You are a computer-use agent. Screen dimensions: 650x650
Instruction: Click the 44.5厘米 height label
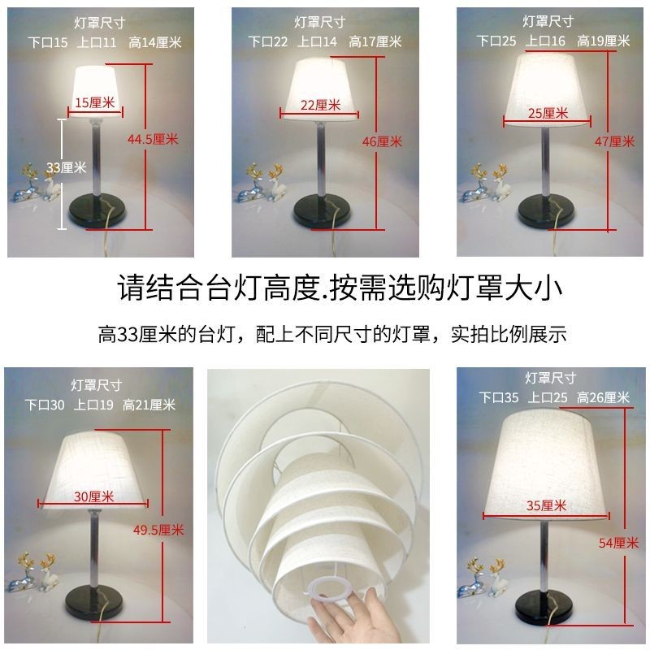[x=153, y=139]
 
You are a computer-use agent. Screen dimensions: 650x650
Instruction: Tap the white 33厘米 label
[x=66, y=167]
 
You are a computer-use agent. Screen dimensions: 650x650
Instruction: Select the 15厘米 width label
[x=94, y=102]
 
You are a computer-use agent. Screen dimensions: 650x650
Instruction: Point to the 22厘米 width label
[x=320, y=105]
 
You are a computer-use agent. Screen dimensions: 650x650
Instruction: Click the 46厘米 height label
[x=382, y=141]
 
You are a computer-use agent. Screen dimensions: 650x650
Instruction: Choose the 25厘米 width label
[x=548, y=113]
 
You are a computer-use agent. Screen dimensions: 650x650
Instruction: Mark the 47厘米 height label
[x=614, y=141]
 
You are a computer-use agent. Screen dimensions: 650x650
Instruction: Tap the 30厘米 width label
[x=93, y=496]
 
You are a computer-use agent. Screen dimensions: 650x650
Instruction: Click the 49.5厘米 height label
[x=158, y=530]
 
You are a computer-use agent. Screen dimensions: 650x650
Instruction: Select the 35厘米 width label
[x=546, y=505]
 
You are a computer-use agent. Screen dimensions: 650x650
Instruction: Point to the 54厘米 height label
[x=618, y=543]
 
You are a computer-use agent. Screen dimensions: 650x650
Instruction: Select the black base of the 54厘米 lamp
[x=544, y=606]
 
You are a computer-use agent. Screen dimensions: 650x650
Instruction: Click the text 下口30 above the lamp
[x=45, y=405]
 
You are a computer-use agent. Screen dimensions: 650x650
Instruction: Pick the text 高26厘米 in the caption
[x=603, y=397]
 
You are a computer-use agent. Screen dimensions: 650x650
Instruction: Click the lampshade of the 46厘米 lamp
[x=319, y=88]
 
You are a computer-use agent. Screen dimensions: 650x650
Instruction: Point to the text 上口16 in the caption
[x=545, y=41]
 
